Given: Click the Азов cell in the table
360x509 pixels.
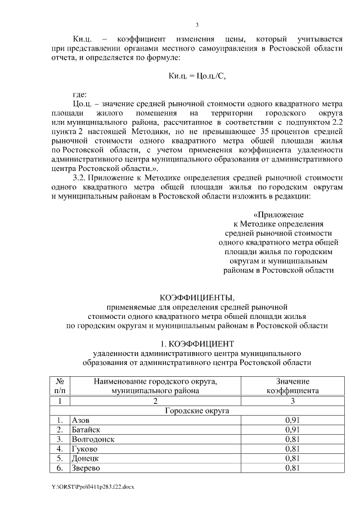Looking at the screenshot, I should (x=80, y=420).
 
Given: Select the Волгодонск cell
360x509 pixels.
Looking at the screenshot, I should (x=93, y=439).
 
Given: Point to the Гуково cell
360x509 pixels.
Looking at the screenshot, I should (x=84, y=449).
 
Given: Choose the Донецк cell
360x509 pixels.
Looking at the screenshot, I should (x=84, y=458).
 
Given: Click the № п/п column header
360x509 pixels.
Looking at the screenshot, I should (x=59, y=386).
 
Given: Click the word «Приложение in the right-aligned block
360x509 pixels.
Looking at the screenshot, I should (x=278, y=215).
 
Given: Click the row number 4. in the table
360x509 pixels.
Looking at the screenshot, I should (x=59, y=449).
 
